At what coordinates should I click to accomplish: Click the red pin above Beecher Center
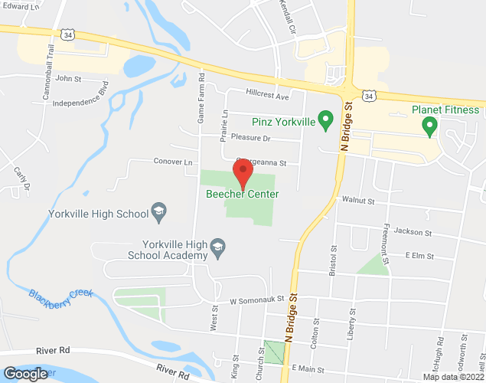[x=243, y=172]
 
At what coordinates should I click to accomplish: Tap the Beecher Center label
[x=242, y=194]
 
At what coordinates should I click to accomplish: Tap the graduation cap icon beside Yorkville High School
[x=159, y=214]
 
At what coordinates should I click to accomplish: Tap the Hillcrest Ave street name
[x=267, y=97]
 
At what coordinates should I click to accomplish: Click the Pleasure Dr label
[x=256, y=138]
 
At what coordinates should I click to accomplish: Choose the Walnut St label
[x=358, y=201]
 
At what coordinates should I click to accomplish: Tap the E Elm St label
[x=419, y=255]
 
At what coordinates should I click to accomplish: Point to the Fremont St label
[x=387, y=244]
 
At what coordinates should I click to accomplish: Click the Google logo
[x=25, y=373]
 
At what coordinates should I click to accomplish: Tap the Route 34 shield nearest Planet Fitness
[x=370, y=96]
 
